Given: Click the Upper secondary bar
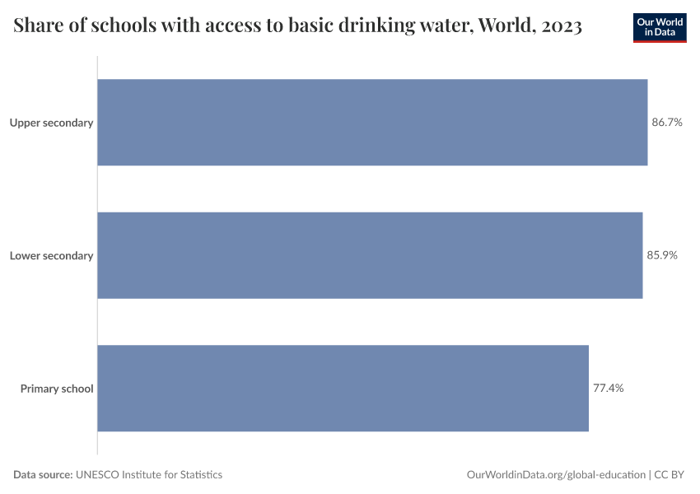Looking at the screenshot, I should pyautogui.click(x=372, y=123).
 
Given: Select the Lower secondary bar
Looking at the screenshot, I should pyautogui.click(x=370, y=255).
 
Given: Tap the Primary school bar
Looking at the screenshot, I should pyautogui.click(x=343, y=388).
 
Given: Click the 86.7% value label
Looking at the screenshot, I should pyautogui.click(x=667, y=123).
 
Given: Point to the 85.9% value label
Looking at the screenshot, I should pyautogui.click(x=662, y=255).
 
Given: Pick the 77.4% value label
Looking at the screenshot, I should pyautogui.click(x=608, y=388).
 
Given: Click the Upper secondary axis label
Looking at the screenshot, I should pyautogui.click(x=51, y=123).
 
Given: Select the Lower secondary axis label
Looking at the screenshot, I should pyautogui.click(x=51, y=255).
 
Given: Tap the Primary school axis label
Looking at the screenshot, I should pyautogui.click(x=57, y=388).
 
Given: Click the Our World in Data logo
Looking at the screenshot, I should pyautogui.click(x=660, y=27).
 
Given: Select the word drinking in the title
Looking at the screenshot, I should pyautogui.click(x=373, y=26).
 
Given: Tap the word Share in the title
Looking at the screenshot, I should pyautogui.click(x=38, y=26).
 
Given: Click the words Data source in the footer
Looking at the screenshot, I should pyautogui.click(x=43, y=475).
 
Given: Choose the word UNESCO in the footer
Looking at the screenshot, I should pyautogui.click(x=98, y=475).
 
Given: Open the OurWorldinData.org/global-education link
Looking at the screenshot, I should pyautogui.click(x=556, y=475).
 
